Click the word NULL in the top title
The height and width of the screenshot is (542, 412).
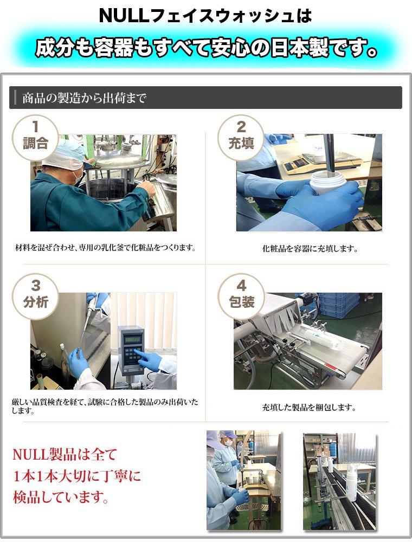point(123,16)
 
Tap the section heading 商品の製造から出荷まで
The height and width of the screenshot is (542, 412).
point(85,98)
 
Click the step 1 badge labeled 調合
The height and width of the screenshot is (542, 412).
point(35,138)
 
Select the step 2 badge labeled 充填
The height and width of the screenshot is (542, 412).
point(241,138)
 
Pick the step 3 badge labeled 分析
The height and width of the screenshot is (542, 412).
point(35,296)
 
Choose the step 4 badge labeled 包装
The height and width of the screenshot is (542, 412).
point(241,296)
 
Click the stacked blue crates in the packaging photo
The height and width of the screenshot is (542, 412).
point(338,304)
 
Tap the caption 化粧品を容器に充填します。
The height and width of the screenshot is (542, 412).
point(310,248)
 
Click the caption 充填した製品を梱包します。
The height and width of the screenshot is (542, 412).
point(309,407)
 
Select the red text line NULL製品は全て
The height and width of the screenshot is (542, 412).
point(65,454)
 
